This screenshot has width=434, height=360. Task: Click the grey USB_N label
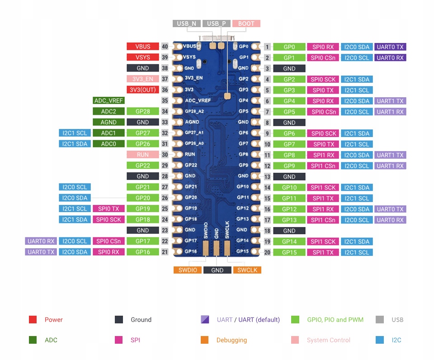pos(186,24)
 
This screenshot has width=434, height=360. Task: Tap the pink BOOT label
pos(246,24)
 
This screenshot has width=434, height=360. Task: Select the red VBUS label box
pos(143,47)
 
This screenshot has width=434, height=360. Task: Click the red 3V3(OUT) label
pos(143,90)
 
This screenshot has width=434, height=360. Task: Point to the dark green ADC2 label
pos(108,111)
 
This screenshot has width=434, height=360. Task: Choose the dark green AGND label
pos(108,122)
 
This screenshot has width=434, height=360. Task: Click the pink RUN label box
pos(143,155)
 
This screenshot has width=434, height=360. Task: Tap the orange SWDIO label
pos(188,270)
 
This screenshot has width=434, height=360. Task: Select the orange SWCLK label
pos(247,270)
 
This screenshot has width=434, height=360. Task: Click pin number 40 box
pos(165,47)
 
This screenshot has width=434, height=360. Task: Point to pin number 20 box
pos(268,252)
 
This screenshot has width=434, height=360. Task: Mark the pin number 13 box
pos(268,177)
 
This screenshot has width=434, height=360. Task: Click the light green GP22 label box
pos(143,166)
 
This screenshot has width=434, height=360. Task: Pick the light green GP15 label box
pos(289,252)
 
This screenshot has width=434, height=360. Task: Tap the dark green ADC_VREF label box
pos(108,100)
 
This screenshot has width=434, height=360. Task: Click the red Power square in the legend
pos(33,320)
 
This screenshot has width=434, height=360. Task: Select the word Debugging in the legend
pos(231,340)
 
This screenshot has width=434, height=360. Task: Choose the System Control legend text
pos(329,340)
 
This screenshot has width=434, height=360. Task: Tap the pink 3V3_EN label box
pos(143,79)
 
